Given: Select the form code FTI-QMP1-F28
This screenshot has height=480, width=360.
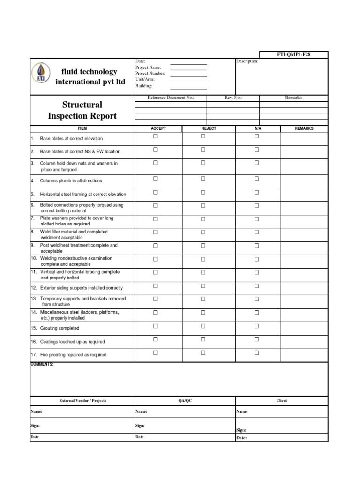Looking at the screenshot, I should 294,54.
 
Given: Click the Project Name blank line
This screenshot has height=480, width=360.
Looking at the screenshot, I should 188,67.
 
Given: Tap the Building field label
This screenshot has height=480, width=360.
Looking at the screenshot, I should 144,86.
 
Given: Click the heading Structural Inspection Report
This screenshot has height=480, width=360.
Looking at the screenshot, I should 82,110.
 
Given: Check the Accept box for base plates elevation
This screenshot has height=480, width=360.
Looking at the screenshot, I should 156,136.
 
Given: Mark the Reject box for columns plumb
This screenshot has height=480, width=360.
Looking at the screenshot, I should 203,179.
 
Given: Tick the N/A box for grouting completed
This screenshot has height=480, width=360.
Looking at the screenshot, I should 256,326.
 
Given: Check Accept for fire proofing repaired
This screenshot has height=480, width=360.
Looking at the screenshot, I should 156,353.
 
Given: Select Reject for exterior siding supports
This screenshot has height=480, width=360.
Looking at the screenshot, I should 203,286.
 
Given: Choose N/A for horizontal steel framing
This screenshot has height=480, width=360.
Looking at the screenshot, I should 256,192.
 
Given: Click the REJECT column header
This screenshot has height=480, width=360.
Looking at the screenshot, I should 209,128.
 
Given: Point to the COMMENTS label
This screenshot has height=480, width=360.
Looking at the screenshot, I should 42,364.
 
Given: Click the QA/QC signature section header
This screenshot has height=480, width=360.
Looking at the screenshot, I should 185,401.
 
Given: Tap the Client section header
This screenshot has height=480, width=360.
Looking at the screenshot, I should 282,401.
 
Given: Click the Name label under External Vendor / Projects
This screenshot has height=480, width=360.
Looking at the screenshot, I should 37,411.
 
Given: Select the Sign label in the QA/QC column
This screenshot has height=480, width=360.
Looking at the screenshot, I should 140,426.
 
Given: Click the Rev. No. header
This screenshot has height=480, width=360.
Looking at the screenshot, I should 233,97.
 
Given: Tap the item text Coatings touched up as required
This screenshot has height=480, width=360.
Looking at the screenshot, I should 72,342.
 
